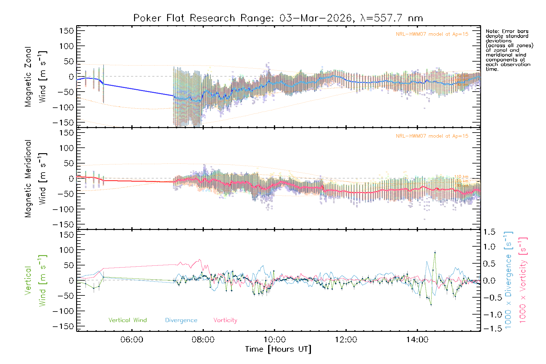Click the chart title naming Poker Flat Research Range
click(278, 18)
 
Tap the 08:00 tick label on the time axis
click(203, 340)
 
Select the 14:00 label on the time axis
click(417, 340)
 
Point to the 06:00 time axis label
click(132, 340)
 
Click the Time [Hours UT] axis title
click(278, 349)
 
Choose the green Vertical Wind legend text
click(127, 320)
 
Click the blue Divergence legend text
click(181, 320)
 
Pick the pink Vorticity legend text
click(225, 320)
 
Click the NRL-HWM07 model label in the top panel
click(432, 34)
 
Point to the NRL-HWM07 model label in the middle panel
click(432, 136)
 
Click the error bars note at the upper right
click(509, 50)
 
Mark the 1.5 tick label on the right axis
click(489, 232)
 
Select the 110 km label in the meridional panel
click(461, 177)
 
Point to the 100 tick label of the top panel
click(66, 46)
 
